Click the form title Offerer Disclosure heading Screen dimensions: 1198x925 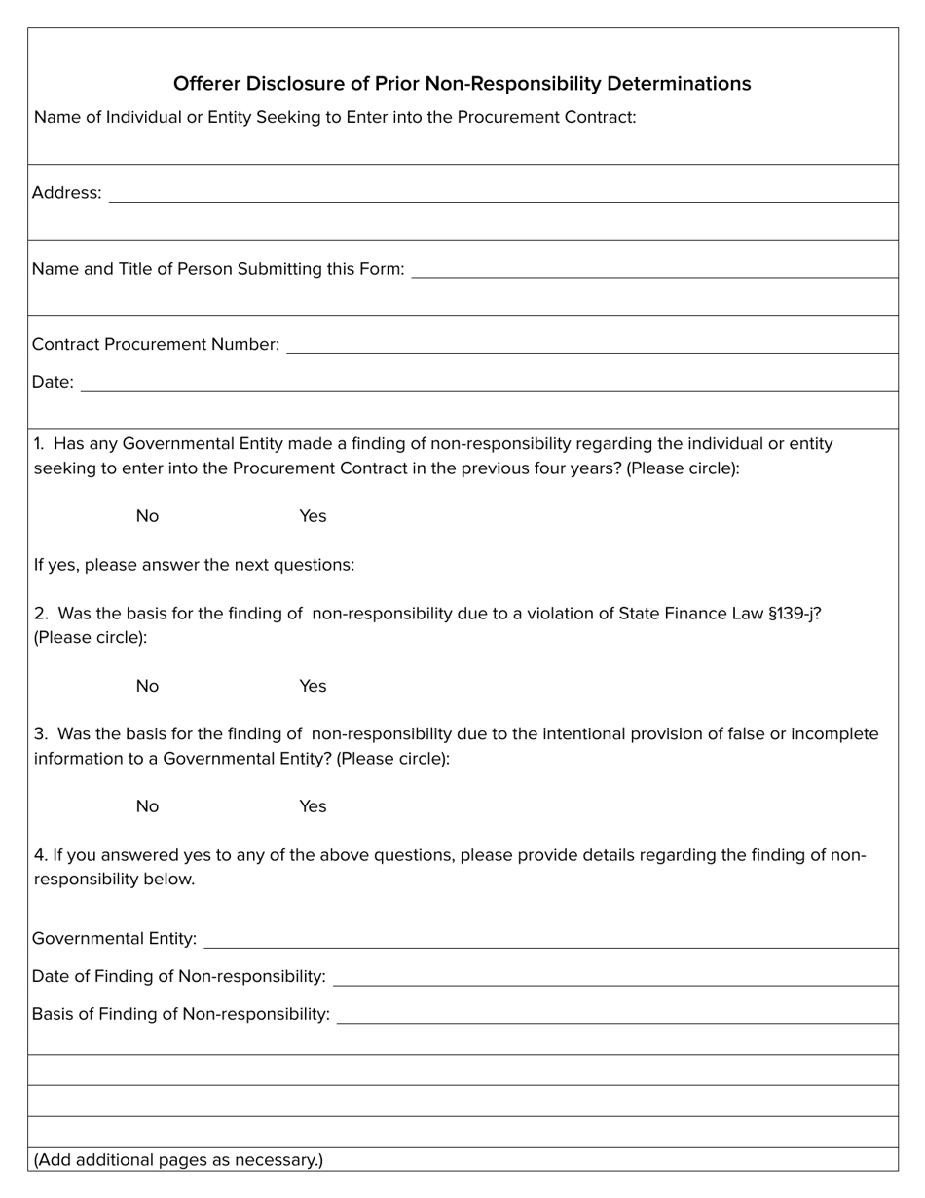[462, 84]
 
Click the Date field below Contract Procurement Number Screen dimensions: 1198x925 [488, 382]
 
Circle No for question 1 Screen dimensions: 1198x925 [147, 516]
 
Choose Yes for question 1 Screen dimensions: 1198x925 [313, 516]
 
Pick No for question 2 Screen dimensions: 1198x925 [147, 686]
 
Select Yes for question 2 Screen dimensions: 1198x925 [313, 686]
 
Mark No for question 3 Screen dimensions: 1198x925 [147, 806]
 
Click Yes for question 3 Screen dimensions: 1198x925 [313, 806]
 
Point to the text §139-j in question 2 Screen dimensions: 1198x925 [795, 614]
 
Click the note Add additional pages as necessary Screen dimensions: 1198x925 [178, 1160]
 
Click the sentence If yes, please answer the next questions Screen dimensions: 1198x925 [194, 565]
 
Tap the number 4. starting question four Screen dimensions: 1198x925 [41, 855]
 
